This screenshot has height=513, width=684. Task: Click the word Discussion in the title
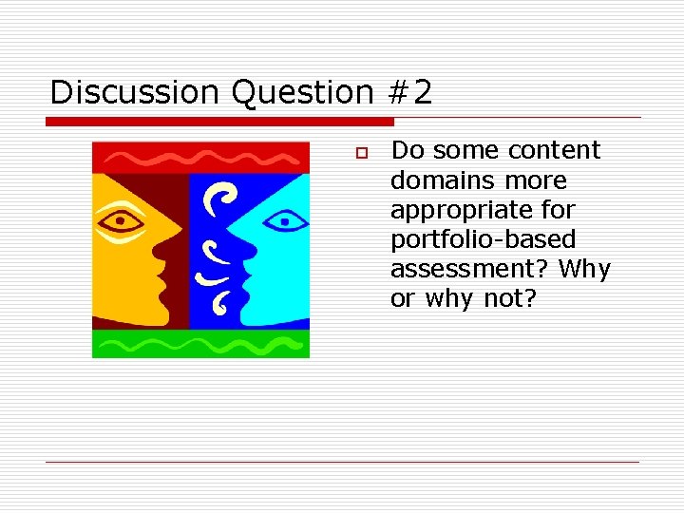tap(116, 92)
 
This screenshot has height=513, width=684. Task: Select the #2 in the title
tap(410, 92)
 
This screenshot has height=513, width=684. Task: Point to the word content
tap(555, 150)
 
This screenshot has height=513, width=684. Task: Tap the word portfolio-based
tap(483, 239)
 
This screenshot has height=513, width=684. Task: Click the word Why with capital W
tap(584, 269)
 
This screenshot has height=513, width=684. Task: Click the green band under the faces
tap(200, 343)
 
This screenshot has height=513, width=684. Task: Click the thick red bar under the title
tap(219, 122)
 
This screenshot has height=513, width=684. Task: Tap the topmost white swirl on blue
tap(224, 198)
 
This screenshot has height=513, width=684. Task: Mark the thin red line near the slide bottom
tap(342, 463)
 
